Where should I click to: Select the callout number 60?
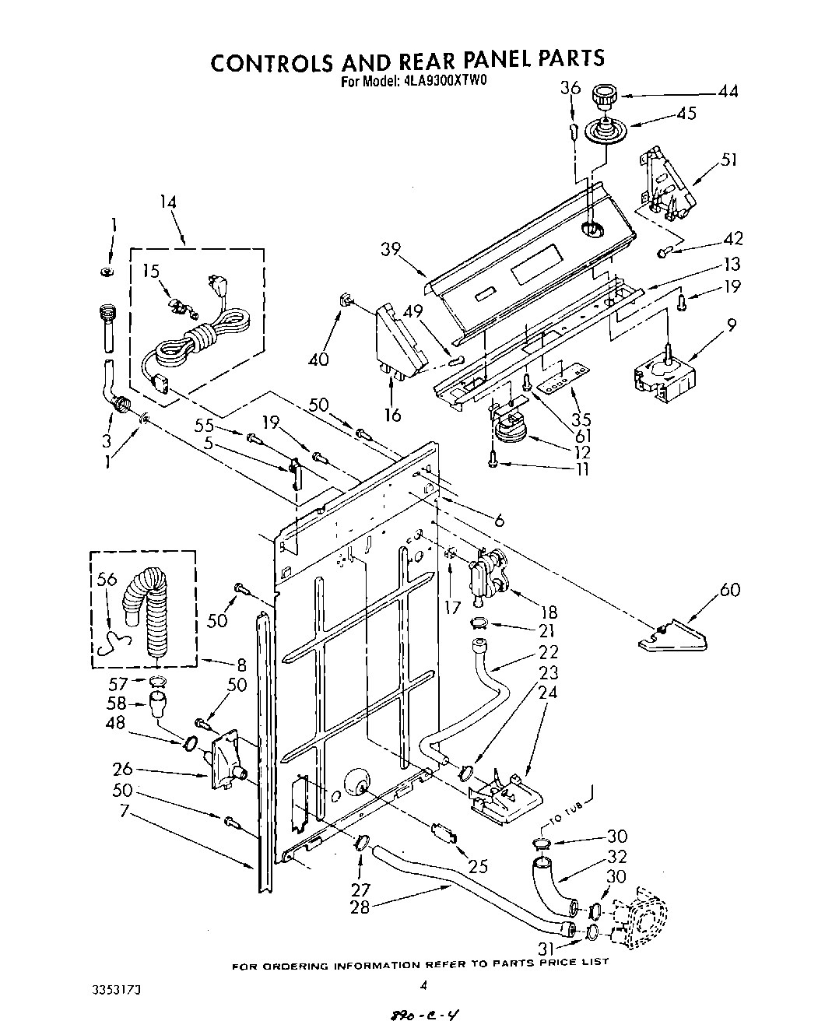point(729,591)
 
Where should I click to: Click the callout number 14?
point(167,202)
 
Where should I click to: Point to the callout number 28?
point(360,907)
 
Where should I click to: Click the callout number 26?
point(122,770)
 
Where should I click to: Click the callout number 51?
point(728,160)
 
